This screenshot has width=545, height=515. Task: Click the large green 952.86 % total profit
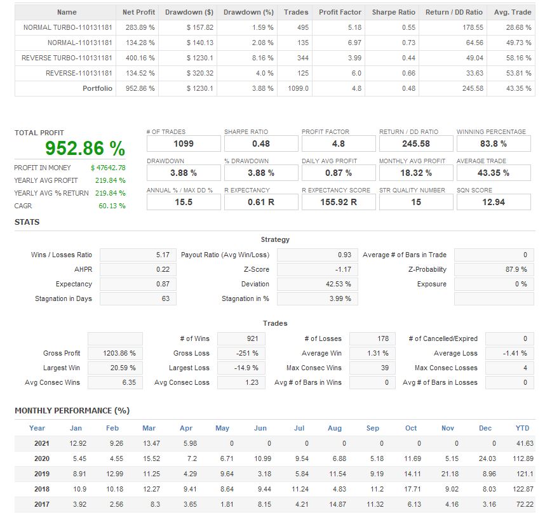(85, 149)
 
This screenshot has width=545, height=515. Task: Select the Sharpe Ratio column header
(393, 12)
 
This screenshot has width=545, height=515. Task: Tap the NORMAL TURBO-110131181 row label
(68, 28)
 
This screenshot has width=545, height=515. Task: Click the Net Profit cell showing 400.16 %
(142, 58)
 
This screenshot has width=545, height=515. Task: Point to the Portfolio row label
(97, 88)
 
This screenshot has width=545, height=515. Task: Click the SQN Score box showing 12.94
(494, 202)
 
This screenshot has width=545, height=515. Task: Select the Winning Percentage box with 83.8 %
(494, 144)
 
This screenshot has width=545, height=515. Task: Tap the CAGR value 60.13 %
(113, 206)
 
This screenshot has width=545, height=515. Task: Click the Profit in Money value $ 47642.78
(108, 168)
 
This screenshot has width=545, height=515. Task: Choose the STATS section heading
(27, 222)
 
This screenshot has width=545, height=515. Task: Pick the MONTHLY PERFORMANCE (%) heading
(72, 411)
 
